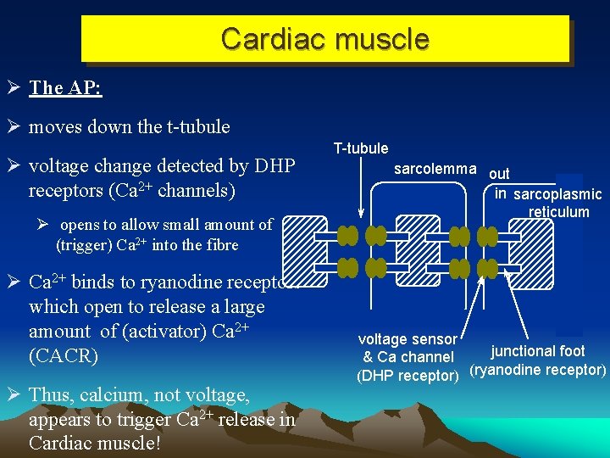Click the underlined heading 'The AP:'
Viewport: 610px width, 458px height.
point(65,88)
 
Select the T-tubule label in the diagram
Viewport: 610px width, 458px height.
point(360,149)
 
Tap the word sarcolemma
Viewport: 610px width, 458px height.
point(435,169)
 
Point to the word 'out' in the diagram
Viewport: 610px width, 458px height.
point(500,174)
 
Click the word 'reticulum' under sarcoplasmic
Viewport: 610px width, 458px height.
point(558,212)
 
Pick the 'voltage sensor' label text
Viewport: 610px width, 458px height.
point(408,339)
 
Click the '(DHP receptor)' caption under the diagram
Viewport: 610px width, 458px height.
point(408,375)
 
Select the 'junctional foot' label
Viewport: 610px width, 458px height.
point(538,351)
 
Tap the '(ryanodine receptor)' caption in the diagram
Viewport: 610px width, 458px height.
point(538,370)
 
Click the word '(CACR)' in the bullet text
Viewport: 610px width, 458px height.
point(62,355)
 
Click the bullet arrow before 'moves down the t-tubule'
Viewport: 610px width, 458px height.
point(14,127)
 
